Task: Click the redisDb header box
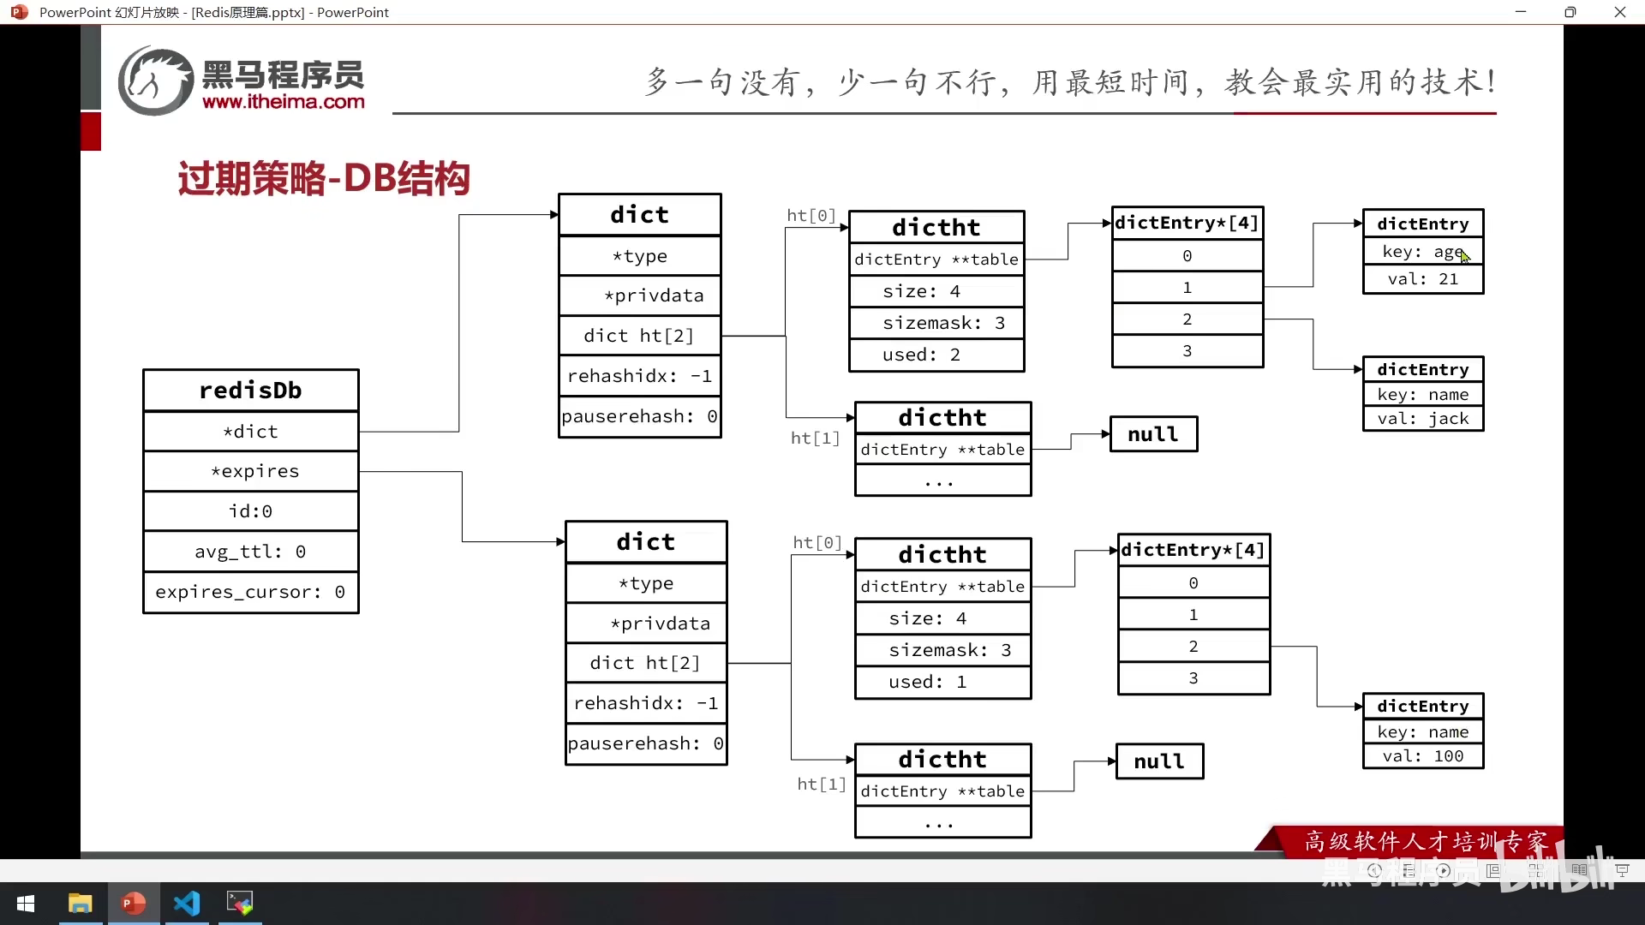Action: [250, 391]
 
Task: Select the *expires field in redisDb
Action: [254, 471]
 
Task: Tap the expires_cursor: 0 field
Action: [250, 592]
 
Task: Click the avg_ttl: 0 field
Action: [250, 552]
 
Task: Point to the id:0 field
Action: [250, 511]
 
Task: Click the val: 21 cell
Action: [1422, 279]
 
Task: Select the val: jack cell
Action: [1422, 419]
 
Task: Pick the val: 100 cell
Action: [1422, 756]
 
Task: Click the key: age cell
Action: [1422, 252]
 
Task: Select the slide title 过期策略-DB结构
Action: [324, 179]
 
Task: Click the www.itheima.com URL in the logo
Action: [284, 102]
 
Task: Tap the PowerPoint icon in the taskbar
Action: [133, 903]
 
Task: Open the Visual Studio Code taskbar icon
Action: [187, 903]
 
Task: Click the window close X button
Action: [1619, 12]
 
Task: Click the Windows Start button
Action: [26, 904]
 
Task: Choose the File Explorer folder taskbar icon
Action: [80, 903]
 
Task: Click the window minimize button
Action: [1521, 12]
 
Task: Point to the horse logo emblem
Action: [155, 81]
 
